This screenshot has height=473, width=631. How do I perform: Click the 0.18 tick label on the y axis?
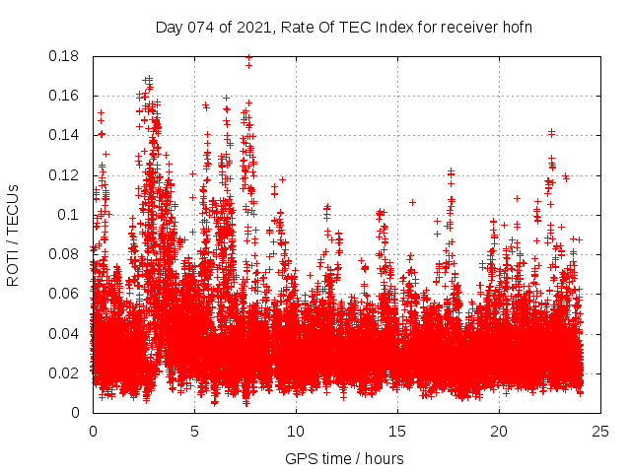pyautogui.click(x=66, y=56)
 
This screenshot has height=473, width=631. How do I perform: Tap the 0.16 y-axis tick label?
pyautogui.click(x=66, y=96)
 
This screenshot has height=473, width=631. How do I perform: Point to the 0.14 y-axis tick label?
pyautogui.click(x=66, y=135)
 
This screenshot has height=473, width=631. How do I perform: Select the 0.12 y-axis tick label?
pyautogui.click(x=66, y=174)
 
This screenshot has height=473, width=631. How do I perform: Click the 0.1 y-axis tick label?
pyautogui.click(x=70, y=214)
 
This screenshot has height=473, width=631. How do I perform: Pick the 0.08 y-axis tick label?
pyautogui.click(x=66, y=253)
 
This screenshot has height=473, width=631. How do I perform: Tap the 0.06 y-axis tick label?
pyautogui.click(x=66, y=293)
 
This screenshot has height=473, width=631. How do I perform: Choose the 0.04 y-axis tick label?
pyautogui.click(x=66, y=333)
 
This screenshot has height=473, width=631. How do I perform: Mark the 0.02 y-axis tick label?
pyautogui.click(x=66, y=372)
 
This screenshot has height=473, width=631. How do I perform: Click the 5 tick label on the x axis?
pyautogui.click(x=194, y=431)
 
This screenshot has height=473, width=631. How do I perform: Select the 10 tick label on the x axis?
pyautogui.click(x=296, y=431)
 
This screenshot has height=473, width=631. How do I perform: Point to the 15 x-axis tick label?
pyautogui.click(x=397, y=431)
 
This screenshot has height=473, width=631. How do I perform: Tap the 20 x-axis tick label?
pyautogui.click(x=499, y=431)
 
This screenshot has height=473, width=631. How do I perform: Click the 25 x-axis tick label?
pyautogui.click(x=600, y=431)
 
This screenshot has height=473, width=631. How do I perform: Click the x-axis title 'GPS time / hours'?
pyautogui.click(x=344, y=458)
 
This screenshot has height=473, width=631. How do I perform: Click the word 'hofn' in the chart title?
pyautogui.click(x=515, y=27)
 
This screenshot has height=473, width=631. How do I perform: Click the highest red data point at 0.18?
pyautogui.click(x=248, y=57)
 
